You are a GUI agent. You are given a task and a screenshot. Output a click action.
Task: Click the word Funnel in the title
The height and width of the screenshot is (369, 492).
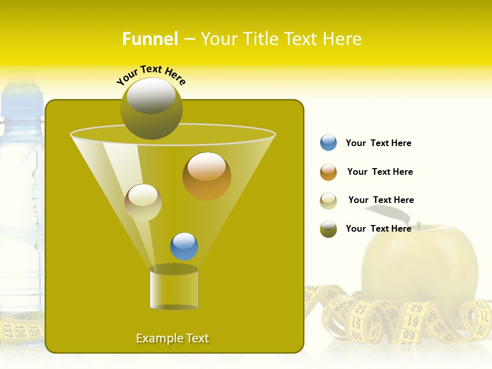tap(150, 39)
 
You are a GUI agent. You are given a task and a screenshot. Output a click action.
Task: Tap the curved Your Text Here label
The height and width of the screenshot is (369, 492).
tap(151, 75)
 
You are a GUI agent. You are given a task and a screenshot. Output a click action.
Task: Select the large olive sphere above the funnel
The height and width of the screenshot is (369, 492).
tap(152, 108)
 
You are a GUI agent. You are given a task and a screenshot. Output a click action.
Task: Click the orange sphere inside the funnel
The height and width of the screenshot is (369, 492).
tap(207, 176)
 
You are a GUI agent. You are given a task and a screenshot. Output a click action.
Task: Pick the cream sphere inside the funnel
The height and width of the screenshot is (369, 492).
tap(143, 202)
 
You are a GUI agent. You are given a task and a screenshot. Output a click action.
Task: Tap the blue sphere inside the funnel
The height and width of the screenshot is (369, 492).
tap(184, 247)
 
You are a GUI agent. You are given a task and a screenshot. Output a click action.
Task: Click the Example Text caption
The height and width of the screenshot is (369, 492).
tap(172, 338)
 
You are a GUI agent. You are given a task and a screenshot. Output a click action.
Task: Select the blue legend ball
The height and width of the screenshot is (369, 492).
tap(329, 143)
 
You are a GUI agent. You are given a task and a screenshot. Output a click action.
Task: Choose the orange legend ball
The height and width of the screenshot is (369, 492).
tap(329, 172)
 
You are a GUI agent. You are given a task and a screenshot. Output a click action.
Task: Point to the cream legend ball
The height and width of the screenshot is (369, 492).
tap(329, 201)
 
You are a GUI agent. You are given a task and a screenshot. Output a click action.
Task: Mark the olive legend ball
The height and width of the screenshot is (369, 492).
tap(329, 229)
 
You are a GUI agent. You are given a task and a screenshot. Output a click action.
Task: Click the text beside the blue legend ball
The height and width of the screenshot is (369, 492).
tap(378, 143)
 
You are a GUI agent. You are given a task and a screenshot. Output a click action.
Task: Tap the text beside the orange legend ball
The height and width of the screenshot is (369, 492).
tap(380, 172)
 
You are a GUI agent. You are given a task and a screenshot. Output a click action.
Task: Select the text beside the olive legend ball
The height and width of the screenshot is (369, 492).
tap(378, 229)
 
